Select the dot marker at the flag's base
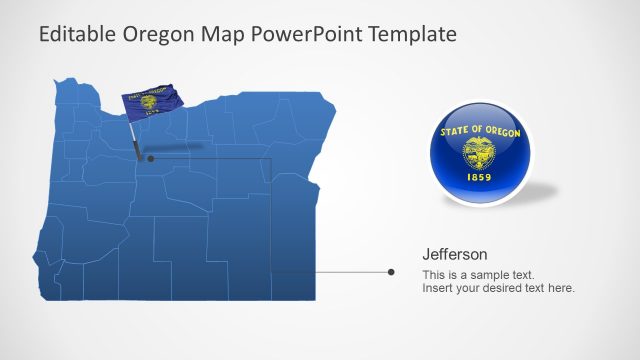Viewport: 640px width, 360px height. pyautogui.click(x=150, y=158)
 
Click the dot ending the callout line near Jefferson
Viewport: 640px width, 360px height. pyautogui.click(x=391, y=271)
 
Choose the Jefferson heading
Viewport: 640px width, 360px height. pyautogui.click(x=455, y=254)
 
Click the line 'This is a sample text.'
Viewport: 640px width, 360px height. pyautogui.click(x=478, y=274)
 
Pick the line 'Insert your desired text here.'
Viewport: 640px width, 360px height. pyautogui.click(x=498, y=288)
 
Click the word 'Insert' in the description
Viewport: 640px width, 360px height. pyautogui.click(x=437, y=288)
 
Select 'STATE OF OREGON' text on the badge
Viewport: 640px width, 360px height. pyautogui.click(x=480, y=131)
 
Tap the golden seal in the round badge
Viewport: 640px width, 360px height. pyautogui.click(x=480, y=153)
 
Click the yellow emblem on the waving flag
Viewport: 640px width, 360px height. pyautogui.click(x=149, y=102)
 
